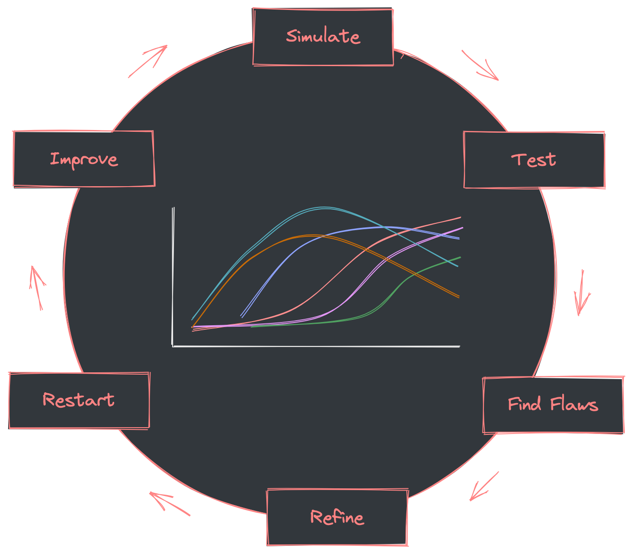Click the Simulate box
pyautogui.click(x=323, y=37)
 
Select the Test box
pyautogui.click(x=534, y=160)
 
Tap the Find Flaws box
pyautogui.click(x=553, y=405)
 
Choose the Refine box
pyautogui.click(x=338, y=517)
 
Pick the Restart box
pyautogui.click(x=79, y=400)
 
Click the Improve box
pyautogui.click(x=84, y=159)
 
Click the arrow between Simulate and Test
pyautogui.click(x=481, y=66)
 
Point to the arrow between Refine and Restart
pyautogui.click(x=169, y=503)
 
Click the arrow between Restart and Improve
pyautogui.click(x=37, y=287)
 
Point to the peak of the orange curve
pyautogui.click(x=313, y=236)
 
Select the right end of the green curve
pyautogui.click(x=460, y=257)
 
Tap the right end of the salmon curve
pyautogui.click(x=460, y=218)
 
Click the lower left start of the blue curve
pyautogui.click(x=242, y=316)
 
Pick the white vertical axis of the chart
pyautogui.click(x=173, y=276)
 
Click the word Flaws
pyautogui.click(x=574, y=405)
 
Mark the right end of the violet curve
pyautogui.click(x=462, y=228)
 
